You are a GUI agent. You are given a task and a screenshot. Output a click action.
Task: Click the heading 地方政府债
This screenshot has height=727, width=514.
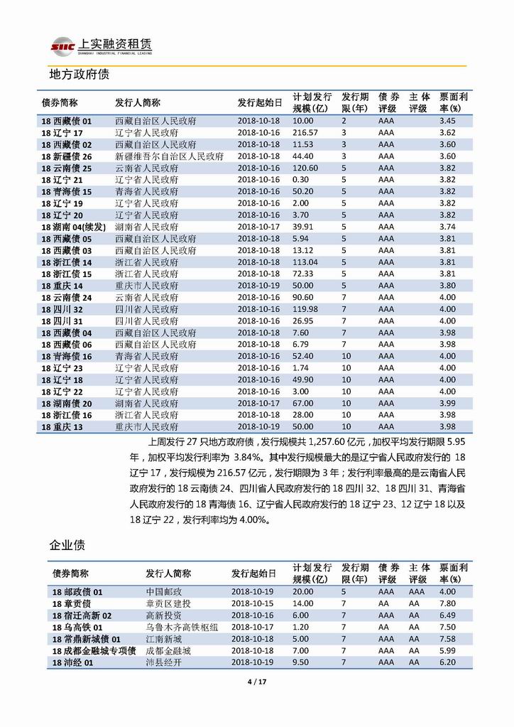pyautogui.click(x=78, y=73)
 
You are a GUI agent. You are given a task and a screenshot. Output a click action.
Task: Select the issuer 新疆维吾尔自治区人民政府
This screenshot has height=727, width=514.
pyautogui.click(x=169, y=156)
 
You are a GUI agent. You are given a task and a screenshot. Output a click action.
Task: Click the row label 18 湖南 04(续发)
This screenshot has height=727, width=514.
pyautogui.click(x=73, y=227)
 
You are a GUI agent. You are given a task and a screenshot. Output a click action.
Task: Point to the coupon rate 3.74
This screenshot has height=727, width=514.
pyautogui.click(x=447, y=227)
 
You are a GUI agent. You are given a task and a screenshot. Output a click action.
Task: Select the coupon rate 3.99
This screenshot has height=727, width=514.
pyautogui.click(x=447, y=403)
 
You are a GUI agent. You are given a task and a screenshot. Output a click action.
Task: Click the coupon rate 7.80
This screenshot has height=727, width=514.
pyautogui.click(x=447, y=603)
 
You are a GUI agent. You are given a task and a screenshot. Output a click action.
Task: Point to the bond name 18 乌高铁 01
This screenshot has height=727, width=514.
pyautogui.click(x=78, y=627)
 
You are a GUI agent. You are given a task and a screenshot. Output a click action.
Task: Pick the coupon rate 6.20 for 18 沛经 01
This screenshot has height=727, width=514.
pyautogui.click(x=447, y=662)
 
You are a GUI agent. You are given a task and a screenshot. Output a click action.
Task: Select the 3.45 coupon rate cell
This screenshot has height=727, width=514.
pyautogui.click(x=447, y=121)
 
